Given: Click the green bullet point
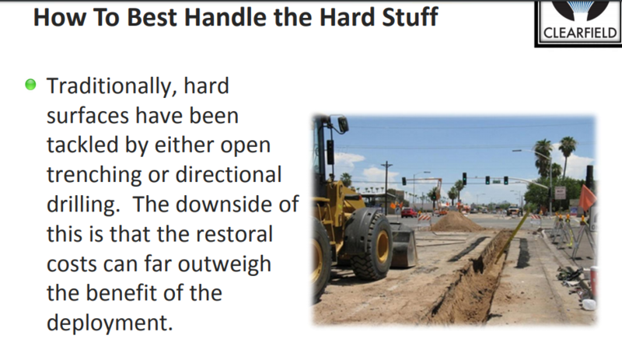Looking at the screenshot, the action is tap(30, 85).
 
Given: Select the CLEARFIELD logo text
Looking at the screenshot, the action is tap(579, 33).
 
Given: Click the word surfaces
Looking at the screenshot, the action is tap(88, 116).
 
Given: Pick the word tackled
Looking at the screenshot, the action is tap(82, 145).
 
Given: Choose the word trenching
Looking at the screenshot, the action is tap(93, 175).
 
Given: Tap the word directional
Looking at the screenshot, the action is tap(229, 174).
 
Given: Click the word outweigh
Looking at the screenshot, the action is tap(224, 264).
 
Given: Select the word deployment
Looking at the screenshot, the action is tap(110, 323).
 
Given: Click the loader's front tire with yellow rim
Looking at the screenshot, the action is tap(372, 245).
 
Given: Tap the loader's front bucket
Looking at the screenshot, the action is tap(403, 245).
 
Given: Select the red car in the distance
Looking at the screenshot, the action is tap(409, 213).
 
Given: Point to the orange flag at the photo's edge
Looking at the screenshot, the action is tap(587, 197).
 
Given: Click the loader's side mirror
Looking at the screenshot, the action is tap(343, 124).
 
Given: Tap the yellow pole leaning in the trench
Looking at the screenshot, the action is tap(512, 237).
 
